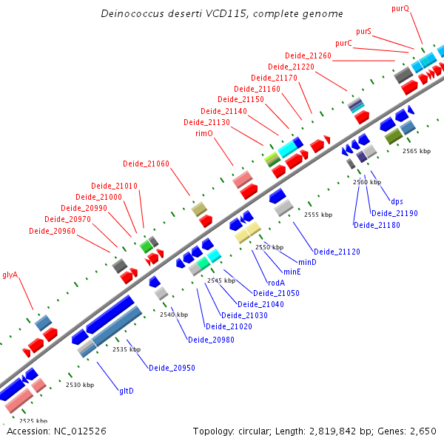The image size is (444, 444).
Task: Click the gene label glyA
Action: click(x=10, y=275)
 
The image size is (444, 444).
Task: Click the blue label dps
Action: click(x=397, y=201)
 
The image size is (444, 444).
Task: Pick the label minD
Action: click(x=307, y=262)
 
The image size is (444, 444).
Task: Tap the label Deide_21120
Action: click(x=337, y=252)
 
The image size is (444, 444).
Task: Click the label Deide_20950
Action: click(x=172, y=368)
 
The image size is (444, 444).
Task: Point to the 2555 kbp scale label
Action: click(x=318, y=215)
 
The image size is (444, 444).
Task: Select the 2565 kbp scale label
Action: click(x=416, y=150)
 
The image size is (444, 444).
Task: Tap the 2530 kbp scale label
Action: click(x=80, y=385)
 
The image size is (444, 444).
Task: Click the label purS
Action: click(x=363, y=31)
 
